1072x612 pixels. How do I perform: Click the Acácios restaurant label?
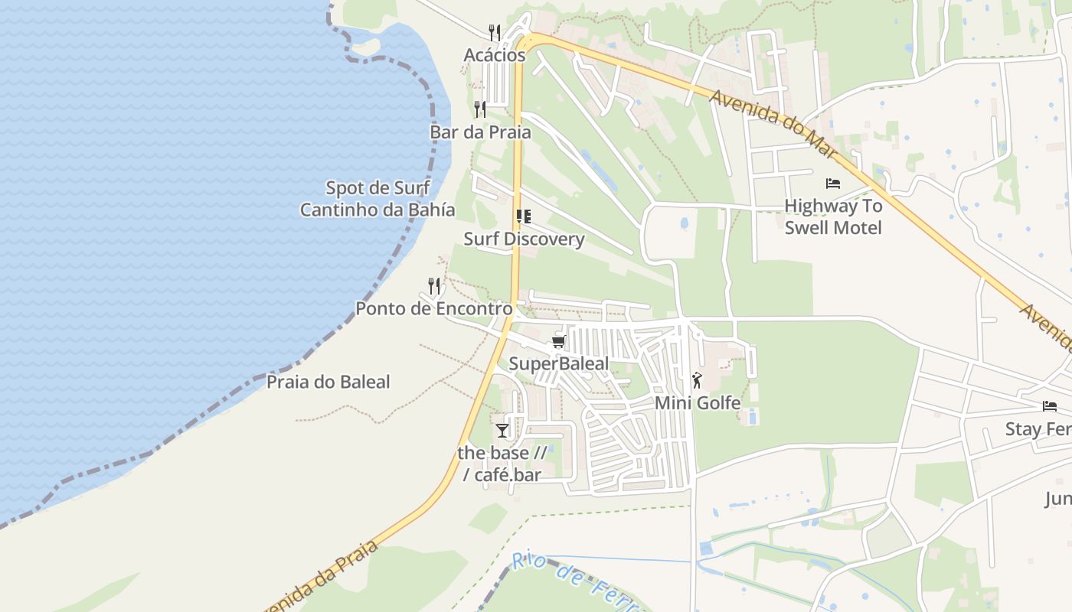[495, 55]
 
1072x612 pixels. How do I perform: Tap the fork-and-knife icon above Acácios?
[495, 32]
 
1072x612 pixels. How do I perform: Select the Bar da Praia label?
[480, 132]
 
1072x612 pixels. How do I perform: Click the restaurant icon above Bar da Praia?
[480, 109]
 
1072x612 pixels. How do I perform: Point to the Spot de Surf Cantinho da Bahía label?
[377, 199]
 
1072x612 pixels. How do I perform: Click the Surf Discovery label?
[524, 239]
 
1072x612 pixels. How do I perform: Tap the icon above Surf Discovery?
[524, 216]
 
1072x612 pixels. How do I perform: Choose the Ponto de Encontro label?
[433, 309]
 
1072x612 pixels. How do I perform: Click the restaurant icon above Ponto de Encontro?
[434, 286]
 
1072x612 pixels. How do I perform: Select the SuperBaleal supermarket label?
[559, 363]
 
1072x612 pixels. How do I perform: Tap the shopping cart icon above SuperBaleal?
[559, 342]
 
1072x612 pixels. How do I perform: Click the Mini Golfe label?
[698, 402]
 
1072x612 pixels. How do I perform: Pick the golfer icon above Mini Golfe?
[697, 380]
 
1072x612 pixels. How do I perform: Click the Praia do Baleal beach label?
[328, 382]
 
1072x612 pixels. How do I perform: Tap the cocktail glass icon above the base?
[502, 431]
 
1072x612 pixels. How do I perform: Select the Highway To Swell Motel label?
[833, 216]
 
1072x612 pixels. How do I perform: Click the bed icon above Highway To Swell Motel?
[833, 184]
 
